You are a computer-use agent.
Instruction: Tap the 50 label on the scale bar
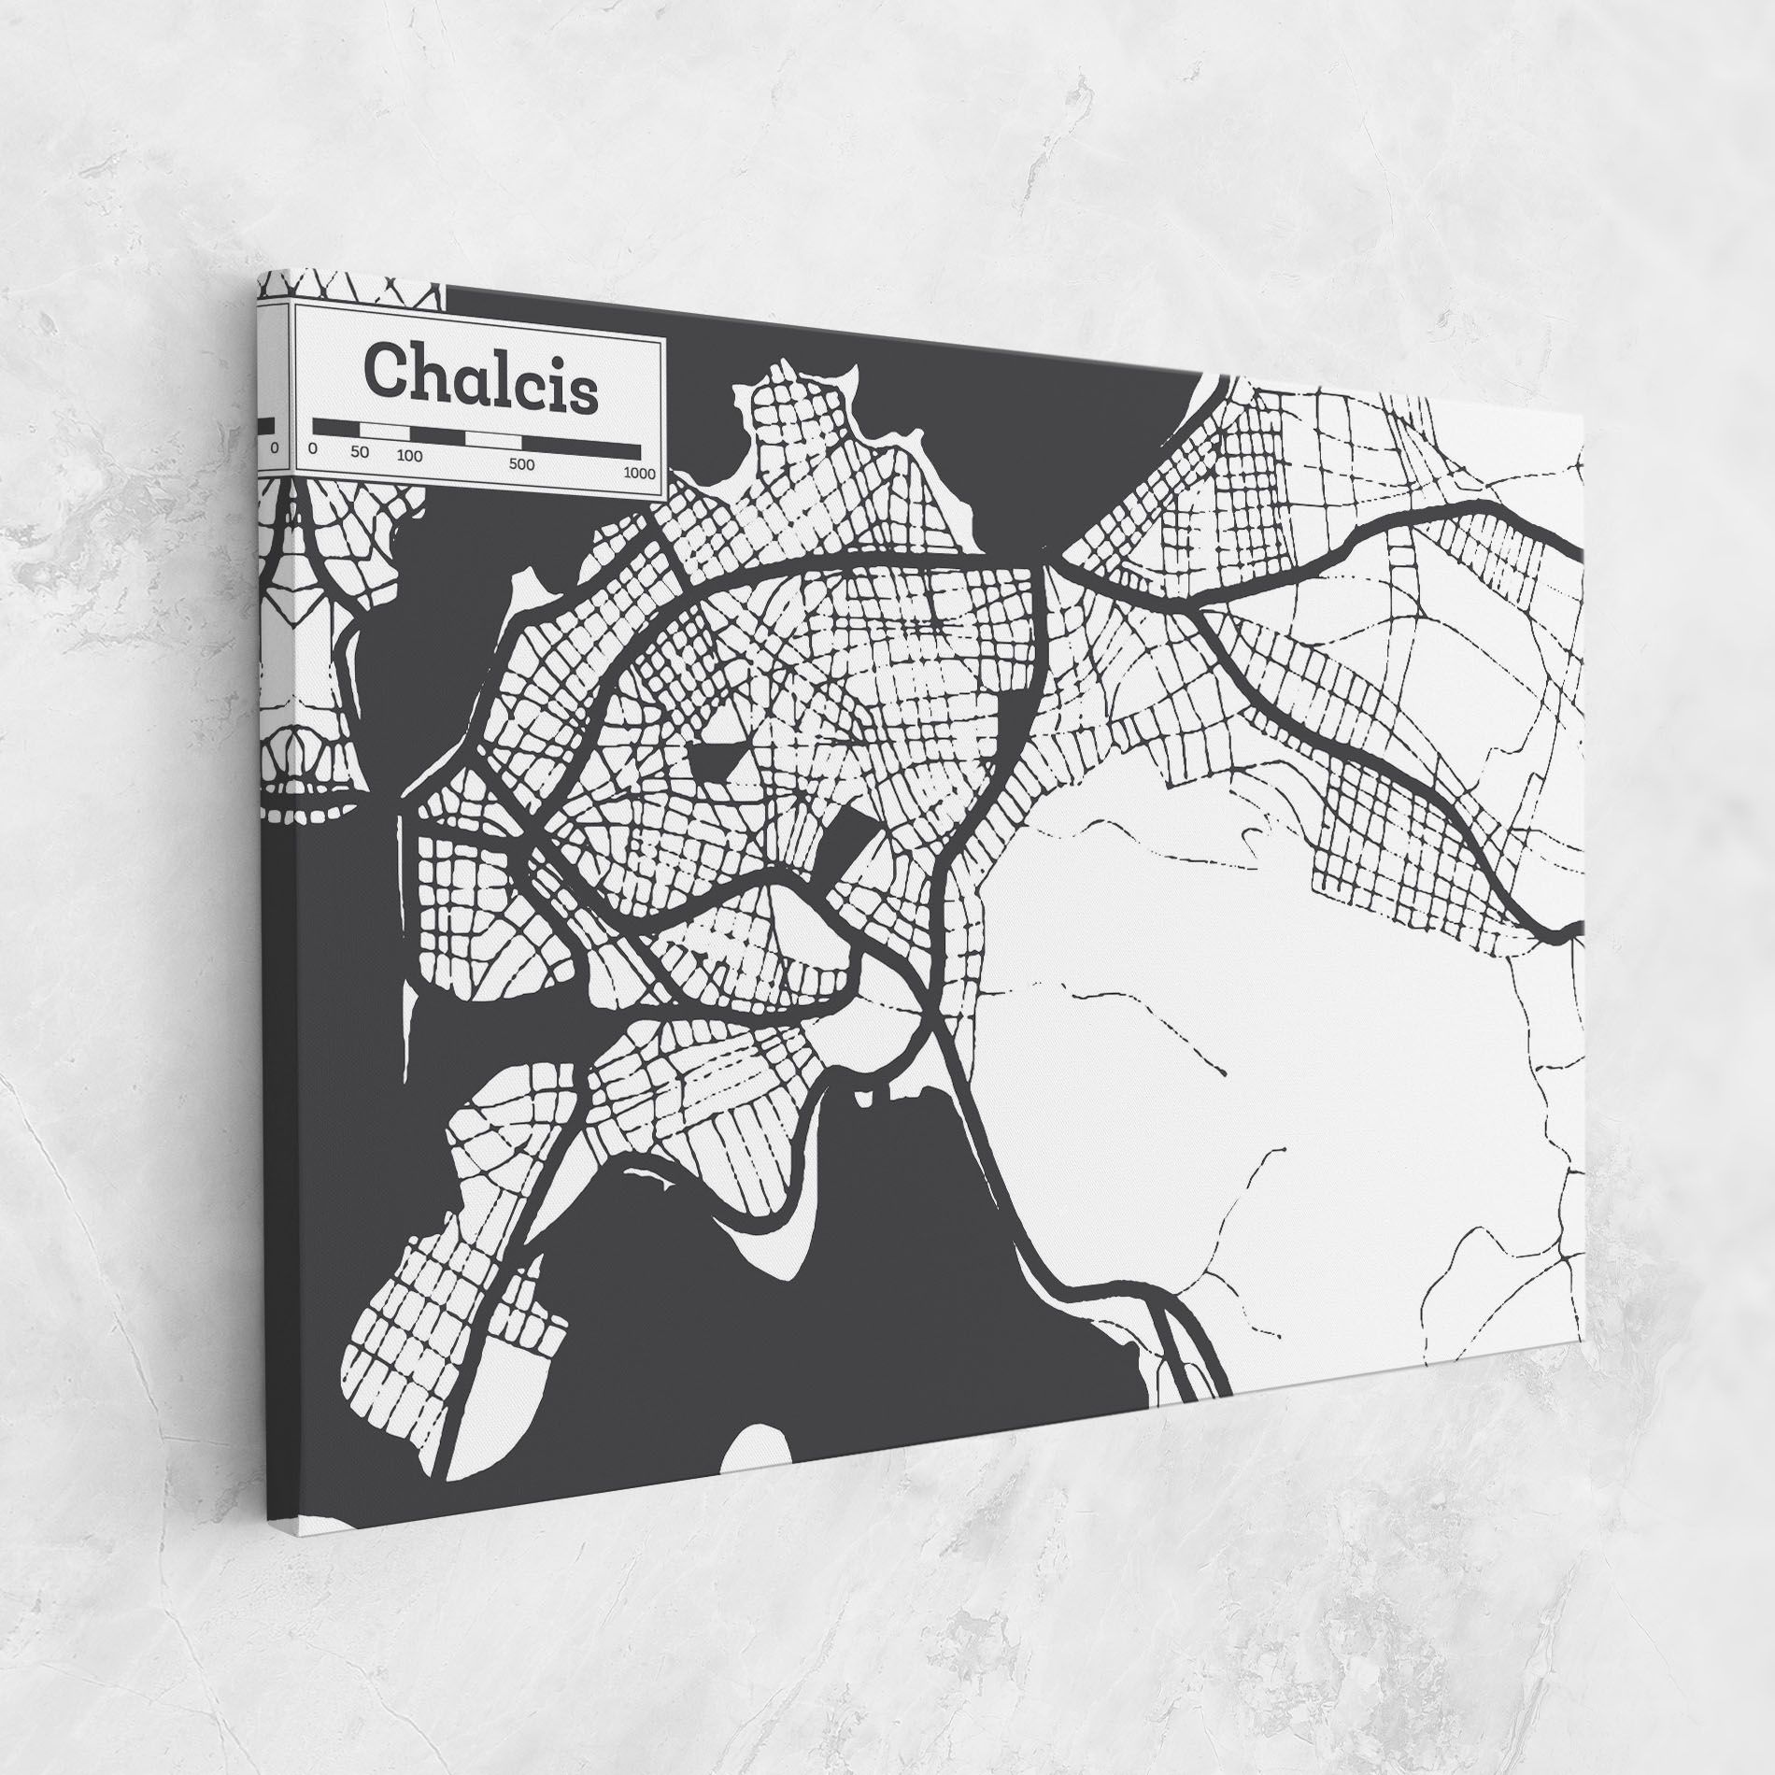click(360, 452)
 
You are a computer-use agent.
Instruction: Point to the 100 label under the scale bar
click(408, 456)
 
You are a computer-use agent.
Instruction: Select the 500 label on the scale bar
click(521, 463)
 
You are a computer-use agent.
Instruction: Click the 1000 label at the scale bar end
click(640, 472)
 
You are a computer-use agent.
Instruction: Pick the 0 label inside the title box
click(312, 448)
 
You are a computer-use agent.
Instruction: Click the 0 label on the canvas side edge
click(274, 448)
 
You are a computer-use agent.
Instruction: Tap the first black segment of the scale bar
click(335, 428)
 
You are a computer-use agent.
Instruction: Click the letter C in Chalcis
click(384, 370)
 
